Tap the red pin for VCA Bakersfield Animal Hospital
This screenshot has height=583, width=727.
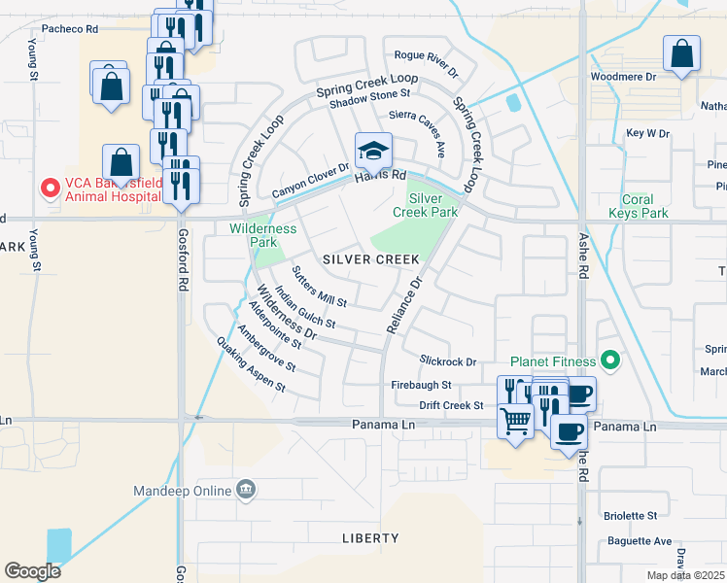[x=47, y=187]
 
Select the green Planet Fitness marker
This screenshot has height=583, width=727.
[x=610, y=361]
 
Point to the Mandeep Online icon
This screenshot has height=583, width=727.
[x=247, y=491]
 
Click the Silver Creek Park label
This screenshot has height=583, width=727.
[x=425, y=204]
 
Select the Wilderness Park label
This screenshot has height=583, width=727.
[x=262, y=235]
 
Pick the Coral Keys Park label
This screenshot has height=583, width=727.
[x=638, y=206]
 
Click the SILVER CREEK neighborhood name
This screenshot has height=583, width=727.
[x=370, y=259]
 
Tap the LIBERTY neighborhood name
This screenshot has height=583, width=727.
[x=370, y=537]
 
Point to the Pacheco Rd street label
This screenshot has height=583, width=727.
[x=65, y=29]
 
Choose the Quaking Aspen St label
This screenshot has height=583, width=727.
[x=251, y=364]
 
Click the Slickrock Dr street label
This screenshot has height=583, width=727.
[x=448, y=361]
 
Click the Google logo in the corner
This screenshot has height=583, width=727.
[x=32, y=571]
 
